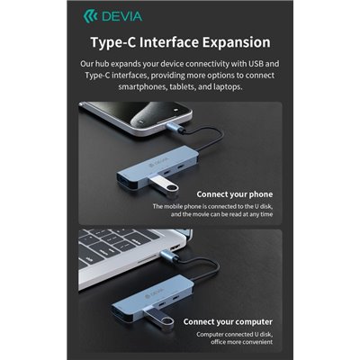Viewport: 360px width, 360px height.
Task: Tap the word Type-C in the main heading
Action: pyautogui.click(x=114, y=42)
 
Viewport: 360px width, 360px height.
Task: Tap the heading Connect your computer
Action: pyautogui.click(x=228, y=320)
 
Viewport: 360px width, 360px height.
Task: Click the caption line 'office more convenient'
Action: pyautogui.click(x=236, y=343)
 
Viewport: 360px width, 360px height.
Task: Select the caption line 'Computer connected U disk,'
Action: pyautogui.click(x=233, y=334)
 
